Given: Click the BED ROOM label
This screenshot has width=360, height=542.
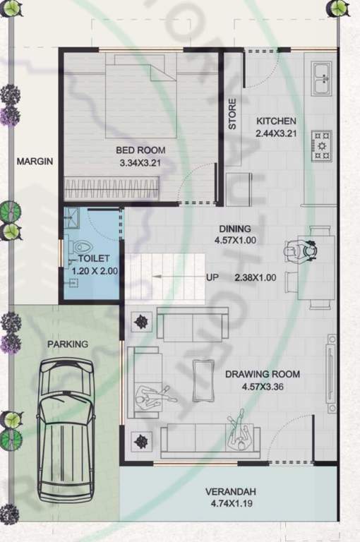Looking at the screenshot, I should click(x=142, y=150).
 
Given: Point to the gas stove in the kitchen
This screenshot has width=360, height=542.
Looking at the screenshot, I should click(x=322, y=145).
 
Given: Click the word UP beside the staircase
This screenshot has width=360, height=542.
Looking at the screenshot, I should click(x=212, y=277).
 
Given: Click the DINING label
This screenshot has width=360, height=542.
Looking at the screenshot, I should click(x=234, y=229).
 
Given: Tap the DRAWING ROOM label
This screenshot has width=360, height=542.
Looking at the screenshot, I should click(x=263, y=374).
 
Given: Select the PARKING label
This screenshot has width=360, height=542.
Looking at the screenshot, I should click(x=68, y=344).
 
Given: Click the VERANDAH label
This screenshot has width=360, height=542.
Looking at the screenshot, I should click(x=230, y=492).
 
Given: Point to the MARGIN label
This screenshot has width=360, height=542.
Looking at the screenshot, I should click(x=35, y=162).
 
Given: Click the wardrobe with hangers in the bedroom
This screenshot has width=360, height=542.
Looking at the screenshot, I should click(x=111, y=187).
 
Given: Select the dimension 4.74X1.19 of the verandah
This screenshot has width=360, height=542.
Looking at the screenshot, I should click(x=230, y=504).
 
